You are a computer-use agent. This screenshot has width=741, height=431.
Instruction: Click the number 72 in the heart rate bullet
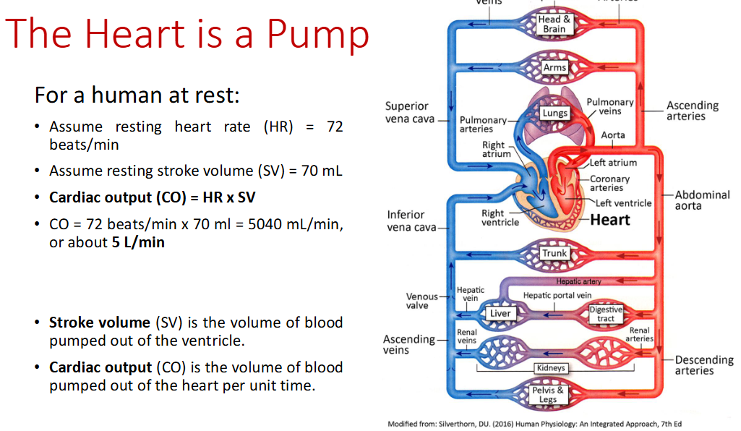pos(334,127)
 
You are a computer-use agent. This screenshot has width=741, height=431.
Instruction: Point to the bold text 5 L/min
pos(138,242)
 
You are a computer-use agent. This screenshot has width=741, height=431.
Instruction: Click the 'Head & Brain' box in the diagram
pos(554,25)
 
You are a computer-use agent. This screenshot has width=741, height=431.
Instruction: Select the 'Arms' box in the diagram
pos(554,67)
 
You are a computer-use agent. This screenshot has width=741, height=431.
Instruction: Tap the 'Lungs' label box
pos(554,114)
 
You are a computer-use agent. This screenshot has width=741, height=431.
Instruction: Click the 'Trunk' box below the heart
pos(554,253)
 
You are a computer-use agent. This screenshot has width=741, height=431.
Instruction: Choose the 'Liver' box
pos(500,313)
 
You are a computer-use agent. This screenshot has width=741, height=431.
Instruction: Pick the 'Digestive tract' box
pos(605,314)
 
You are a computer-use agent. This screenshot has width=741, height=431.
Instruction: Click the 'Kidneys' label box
pos(551,368)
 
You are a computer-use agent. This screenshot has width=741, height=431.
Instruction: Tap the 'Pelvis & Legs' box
pos(548,394)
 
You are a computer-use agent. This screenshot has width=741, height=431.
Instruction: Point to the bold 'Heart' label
pos(610,220)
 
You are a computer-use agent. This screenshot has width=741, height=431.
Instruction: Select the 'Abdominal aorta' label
pos(702,200)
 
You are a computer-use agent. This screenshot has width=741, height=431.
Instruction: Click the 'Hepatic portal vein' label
pos(557,295)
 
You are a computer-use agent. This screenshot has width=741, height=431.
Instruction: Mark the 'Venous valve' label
pos(422,301)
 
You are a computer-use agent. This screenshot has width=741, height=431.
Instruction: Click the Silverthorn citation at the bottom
pos(534,424)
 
